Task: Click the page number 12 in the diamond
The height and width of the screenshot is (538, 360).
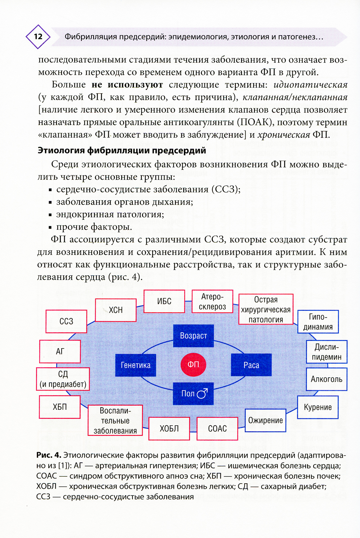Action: pos(38,36)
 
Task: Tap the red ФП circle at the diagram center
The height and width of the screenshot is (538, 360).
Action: pos(193,364)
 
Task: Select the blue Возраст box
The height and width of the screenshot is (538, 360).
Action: pos(193,336)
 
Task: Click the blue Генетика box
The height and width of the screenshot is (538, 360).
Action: pos(135,365)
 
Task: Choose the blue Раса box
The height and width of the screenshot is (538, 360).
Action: pos(251,365)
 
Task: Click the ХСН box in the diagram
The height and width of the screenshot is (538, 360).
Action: pos(116,310)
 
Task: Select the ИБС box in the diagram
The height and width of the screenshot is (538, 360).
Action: pos(164,301)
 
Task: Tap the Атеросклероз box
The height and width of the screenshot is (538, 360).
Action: pos(212,301)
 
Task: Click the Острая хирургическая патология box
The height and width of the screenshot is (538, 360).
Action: pos(266,309)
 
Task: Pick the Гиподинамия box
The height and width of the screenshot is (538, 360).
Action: pos(318,322)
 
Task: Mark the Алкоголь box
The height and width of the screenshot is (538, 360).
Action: pos(327,379)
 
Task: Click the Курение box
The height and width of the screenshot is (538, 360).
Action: pos(318,407)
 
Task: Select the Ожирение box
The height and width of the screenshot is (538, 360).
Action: pos(265,420)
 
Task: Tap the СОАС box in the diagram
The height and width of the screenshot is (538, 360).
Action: pos(217,429)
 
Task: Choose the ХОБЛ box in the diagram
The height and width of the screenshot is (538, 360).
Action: pos(169,429)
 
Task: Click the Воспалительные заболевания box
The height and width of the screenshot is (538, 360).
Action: pos(115,420)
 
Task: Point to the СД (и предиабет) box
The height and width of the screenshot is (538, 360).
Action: pos(63,379)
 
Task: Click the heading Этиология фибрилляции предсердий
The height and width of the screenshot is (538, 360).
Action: pos(122,150)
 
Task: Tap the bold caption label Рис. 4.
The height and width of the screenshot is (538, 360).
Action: pos(49,455)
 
